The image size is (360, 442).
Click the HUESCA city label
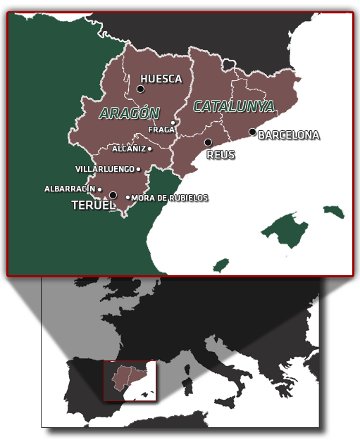[161, 80]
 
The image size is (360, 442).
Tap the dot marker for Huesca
[141, 89]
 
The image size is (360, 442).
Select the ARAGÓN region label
[130, 113]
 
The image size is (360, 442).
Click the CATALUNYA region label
[234, 106]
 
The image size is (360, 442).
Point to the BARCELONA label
[289, 135]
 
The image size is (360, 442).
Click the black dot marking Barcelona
[252, 132]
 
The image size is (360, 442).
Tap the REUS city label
[221, 154]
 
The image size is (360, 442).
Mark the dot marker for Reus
[208, 142]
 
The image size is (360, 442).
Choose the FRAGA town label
[161, 130]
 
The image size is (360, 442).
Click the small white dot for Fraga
[173, 123]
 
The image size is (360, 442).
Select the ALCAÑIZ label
[129, 149]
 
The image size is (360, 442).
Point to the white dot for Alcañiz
[150, 149]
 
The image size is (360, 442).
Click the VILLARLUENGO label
[105, 169]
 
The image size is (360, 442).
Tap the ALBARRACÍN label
[70, 189]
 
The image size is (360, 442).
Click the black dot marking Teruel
[113, 196]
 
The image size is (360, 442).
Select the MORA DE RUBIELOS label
[170, 198]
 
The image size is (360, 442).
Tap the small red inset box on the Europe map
[130, 381]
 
